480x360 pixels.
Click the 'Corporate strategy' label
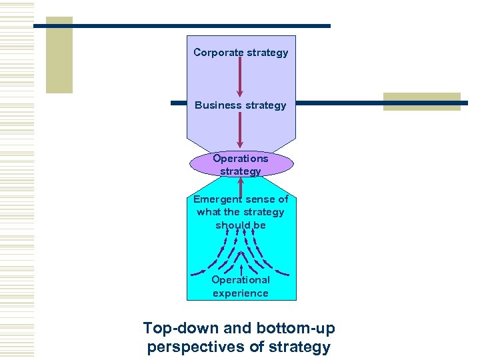tap(241, 52)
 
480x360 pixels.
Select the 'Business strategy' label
tap(241, 105)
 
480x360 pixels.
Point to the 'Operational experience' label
tap(241, 287)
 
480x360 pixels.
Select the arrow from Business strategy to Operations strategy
tap(241, 131)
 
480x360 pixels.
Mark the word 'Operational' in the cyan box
tap(241, 280)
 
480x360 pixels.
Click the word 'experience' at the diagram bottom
tap(241, 293)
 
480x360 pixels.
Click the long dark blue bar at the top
tap(182, 25)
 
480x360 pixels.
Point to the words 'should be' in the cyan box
tap(241, 225)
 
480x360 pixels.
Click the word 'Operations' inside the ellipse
tap(241, 158)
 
